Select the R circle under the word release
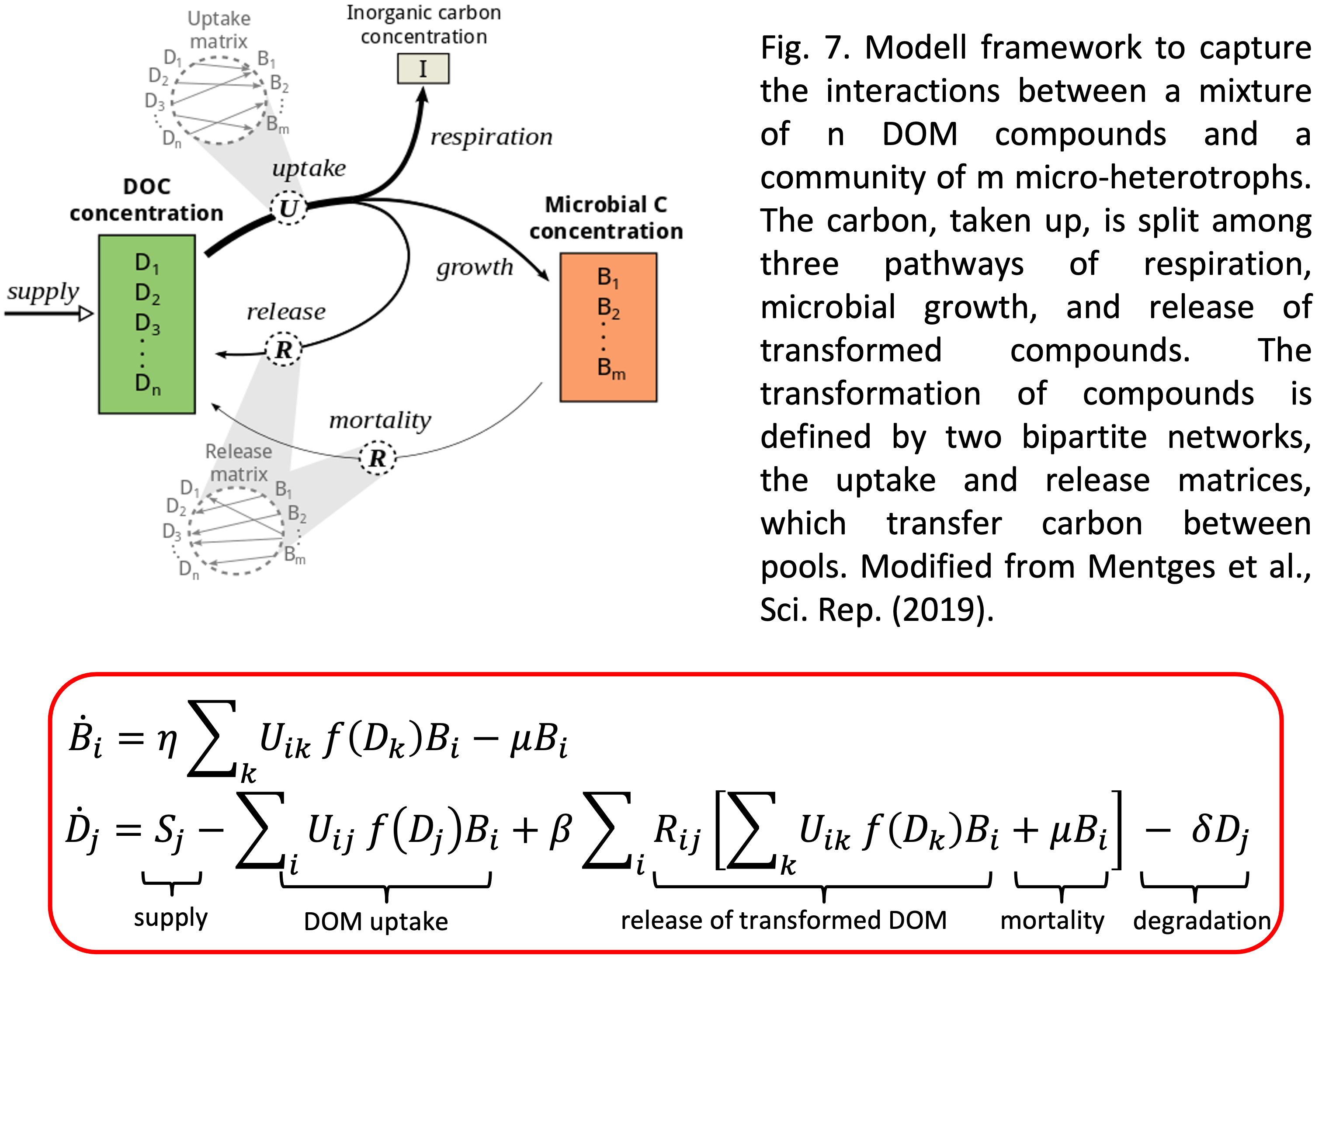[x=284, y=350]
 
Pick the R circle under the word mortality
[x=377, y=458]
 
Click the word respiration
[x=491, y=137]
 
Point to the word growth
[x=475, y=267]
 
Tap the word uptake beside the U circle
[x=309, y=168]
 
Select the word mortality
[x=380, y=420]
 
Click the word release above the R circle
[x=286, y=312]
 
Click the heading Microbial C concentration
[x=606, y=218]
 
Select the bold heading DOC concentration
[x=146, y=200]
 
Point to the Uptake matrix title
[x=219, y=30]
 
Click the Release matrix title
[x=239, y=463]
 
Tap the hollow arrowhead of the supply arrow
[x=86, y=314]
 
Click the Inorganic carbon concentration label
[x=423, y=24]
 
